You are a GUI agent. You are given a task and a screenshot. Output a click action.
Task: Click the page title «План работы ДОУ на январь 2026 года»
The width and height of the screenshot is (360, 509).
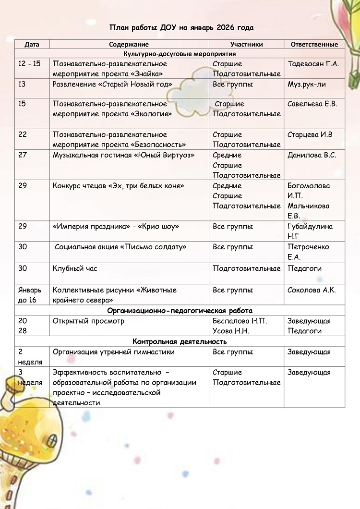click(x=181, y=27)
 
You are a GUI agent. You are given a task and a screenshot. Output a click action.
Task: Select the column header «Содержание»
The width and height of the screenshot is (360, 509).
click(x=129, y=44)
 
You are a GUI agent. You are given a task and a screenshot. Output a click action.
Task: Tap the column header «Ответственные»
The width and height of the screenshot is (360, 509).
click(x=314, y=44)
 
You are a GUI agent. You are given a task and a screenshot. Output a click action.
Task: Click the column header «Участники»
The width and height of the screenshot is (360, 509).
click(x=247, y=44)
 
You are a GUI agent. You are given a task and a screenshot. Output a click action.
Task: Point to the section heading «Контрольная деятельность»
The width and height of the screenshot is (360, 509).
click(x=180, y=341)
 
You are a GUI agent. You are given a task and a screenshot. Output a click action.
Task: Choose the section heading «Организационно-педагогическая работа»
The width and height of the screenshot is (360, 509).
click(x=180, y=311)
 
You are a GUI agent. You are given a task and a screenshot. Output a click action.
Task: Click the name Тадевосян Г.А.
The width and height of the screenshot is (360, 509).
click(x=313, y=64)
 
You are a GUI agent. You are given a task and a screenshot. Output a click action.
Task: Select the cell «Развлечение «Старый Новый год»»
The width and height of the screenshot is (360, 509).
click(x=112, y=85)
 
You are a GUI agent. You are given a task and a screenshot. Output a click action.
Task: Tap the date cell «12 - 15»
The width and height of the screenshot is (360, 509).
click(x=29, y=64)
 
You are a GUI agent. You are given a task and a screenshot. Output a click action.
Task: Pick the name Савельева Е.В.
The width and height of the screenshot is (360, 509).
click(x=312, y=104)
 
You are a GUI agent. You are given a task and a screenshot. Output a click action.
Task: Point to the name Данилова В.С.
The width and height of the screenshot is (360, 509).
click(x=312, y=155)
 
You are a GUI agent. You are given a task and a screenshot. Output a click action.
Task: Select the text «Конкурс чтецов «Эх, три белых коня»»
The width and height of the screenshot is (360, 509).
click(x=119, y=186)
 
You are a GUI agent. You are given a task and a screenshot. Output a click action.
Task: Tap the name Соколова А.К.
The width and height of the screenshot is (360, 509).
click(x=312, y=290)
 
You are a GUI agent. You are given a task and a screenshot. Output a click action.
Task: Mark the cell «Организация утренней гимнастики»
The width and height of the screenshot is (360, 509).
click(x=113, y=352)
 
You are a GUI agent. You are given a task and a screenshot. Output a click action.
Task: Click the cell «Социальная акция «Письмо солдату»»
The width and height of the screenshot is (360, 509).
click(x=120, y=247)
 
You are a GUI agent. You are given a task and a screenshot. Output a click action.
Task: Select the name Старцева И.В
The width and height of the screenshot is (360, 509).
click(x=310, y=134)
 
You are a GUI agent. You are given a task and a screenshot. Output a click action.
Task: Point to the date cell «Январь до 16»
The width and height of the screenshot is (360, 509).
click(x=30, y=295)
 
